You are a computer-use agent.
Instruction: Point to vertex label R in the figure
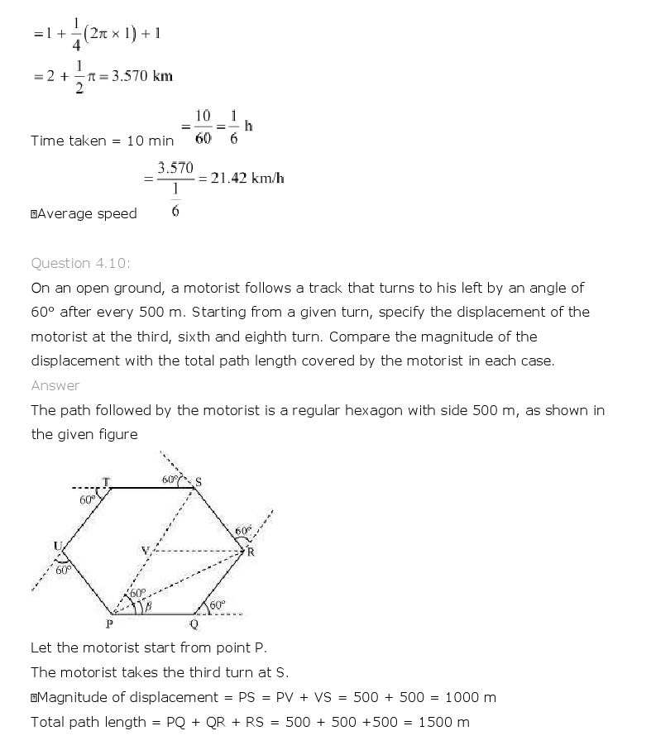(x=251, y=552)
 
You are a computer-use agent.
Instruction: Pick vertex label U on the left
(x=58, y=546)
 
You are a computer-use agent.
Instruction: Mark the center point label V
(x=145, y=550)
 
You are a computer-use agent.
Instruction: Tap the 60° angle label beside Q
(x=217, y=605)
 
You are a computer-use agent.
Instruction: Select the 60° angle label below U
(x=64, y=569)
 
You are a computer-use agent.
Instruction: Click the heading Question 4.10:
(x=80, y=263)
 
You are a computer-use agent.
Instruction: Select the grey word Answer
(x=55, y=385)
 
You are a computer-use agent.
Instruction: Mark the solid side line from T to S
(x=149, y=488)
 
